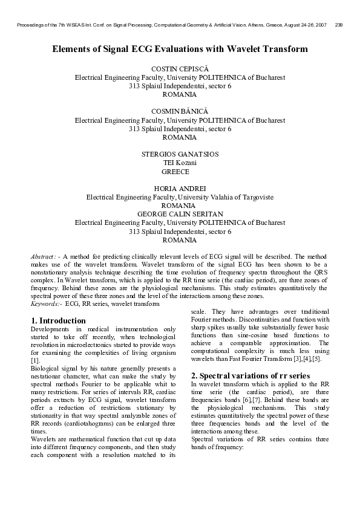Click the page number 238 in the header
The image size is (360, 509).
(x=339, y=25)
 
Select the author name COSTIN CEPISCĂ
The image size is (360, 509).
(x=180, y=70)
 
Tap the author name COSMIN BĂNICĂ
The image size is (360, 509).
(x=180, y=112)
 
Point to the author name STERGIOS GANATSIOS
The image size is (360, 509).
(x=180, y=154)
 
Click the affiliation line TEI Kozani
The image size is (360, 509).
(x=180, y=163)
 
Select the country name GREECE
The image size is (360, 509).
(x=180, y=172)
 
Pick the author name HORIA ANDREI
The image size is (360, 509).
(x=180, y=189)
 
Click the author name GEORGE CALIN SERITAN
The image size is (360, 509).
(x=180, y=214)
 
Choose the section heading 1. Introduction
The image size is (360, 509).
(x=58, y=320)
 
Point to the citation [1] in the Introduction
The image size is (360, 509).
(x=35, y=360)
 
